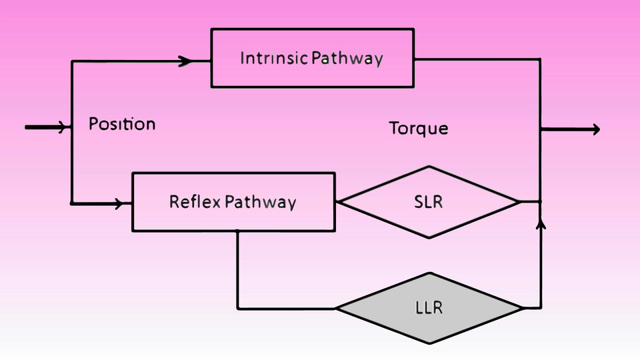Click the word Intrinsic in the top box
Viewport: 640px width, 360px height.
coord(273,58)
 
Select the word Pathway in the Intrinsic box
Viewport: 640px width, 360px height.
coord(347,59)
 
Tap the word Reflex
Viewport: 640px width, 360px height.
coord(195,201)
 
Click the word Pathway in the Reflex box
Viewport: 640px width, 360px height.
coord(261,203)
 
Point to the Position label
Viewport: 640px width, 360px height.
coord(122,124)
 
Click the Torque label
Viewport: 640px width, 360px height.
coord(419,129)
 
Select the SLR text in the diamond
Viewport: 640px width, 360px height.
coord(428,201)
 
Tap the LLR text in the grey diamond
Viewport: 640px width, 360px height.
coord(429,307)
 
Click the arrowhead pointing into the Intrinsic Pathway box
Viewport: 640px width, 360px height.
coord(185,61)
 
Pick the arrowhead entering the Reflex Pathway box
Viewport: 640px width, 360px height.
coord(119,203)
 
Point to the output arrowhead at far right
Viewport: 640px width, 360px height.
coord(595,129)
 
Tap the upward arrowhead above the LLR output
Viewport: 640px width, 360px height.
coord(541,223)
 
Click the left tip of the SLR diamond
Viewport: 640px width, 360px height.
coord(339,201)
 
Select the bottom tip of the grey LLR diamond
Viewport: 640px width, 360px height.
coord(429,343)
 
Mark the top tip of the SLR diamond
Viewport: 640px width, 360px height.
coord(429,167)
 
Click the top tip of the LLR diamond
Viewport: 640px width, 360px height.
coord(429,273)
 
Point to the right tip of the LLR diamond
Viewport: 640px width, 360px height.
coord(523,308)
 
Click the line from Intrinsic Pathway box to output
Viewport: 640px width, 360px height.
coord(477,59)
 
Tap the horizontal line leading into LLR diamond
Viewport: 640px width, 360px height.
coord(287,309)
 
